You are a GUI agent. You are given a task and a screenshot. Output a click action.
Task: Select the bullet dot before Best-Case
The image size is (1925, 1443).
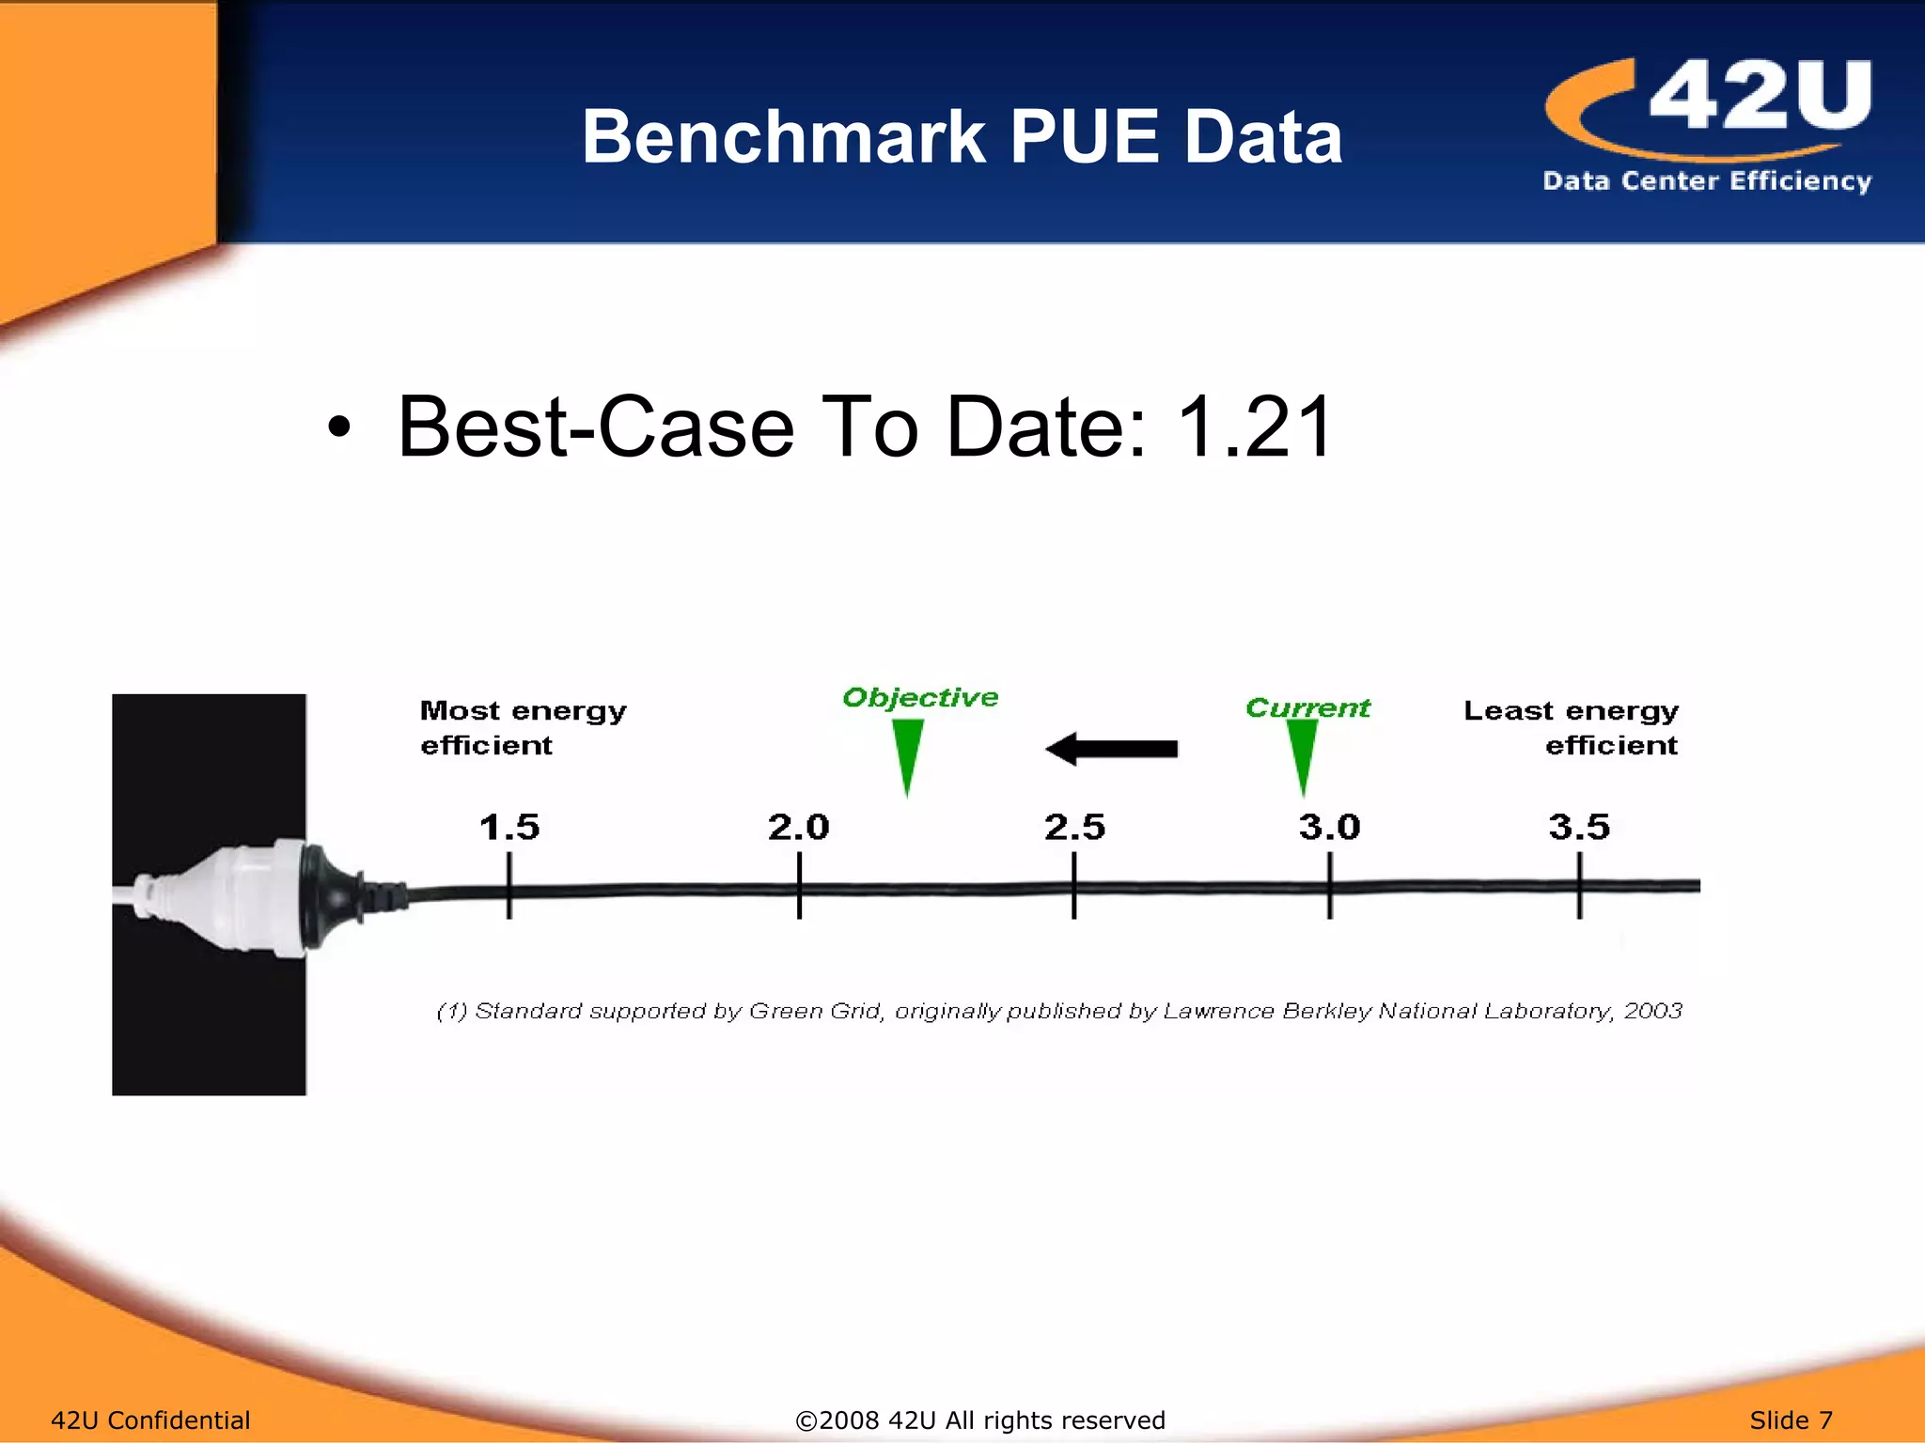339,429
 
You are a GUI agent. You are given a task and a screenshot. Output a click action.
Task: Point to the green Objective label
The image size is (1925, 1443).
920,697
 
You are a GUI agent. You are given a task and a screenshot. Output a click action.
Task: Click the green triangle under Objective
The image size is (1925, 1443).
907,753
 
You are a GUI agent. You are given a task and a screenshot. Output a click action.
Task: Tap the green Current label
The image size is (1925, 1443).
1307,707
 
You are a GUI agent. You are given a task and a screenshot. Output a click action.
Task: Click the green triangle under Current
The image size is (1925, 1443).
1302,753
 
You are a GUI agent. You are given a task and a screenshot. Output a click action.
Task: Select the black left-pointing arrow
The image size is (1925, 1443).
1111,749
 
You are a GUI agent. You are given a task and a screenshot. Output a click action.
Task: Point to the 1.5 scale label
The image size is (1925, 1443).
509,828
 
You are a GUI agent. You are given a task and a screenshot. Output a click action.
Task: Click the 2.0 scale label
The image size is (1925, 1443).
798,828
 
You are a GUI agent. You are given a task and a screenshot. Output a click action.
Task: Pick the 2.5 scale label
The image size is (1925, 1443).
1074,828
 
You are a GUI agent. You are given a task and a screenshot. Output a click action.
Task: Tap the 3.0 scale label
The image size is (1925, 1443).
1329,828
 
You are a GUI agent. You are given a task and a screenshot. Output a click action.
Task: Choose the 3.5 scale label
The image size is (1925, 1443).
1579,828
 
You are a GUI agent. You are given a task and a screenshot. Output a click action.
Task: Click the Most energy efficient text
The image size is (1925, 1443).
522,727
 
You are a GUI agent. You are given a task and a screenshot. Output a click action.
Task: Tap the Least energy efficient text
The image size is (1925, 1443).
1572,727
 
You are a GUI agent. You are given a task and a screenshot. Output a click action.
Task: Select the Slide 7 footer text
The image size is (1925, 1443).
1791,1420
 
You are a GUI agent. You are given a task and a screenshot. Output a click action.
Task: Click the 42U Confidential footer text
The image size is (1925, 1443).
150,1420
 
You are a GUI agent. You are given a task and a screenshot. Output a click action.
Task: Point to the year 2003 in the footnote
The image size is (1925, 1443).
1652,1011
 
